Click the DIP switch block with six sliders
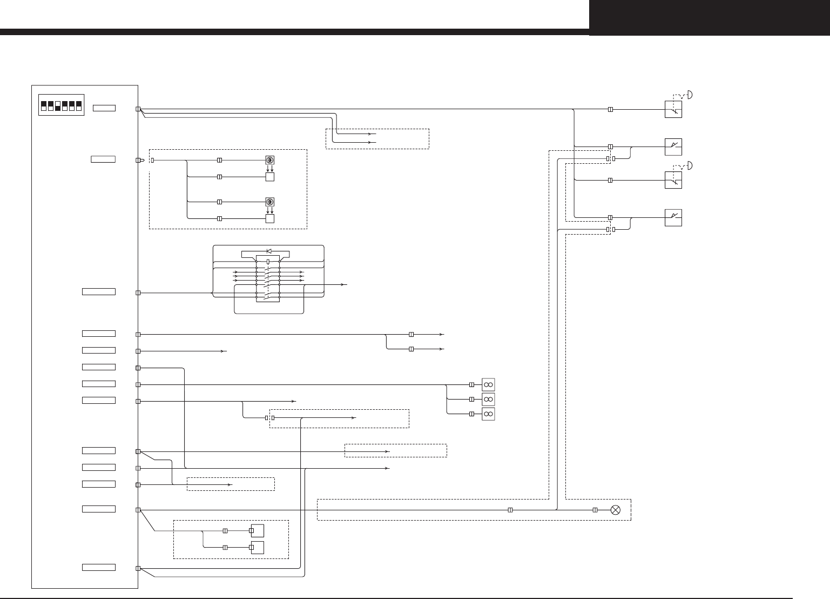click(x=61, y=105)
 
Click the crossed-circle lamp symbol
click(x=615, y=510)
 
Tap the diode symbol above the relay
click(x=268, y=251)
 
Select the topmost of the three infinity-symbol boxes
click(x=488, y=384)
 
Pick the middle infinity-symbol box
click(x=488, y=399)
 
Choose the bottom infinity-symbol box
click(x=488, y=414)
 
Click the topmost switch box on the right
click(x=673, y=109)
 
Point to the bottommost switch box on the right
click(x=673, y=217)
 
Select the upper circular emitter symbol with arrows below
click(x=270, y=160)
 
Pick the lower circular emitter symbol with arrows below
click(x=270, y=202)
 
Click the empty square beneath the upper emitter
click(x=270, y=177)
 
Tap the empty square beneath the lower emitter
click(x=270, y=219)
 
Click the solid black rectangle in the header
click(x=709, y=18)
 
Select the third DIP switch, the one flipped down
click(x=58, y=105)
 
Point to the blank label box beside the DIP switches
click(x=104, y=109)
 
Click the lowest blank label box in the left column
click(x=99, y=567)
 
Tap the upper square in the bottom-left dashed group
click(x=257, y=531)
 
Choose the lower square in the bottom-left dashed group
click(x=257, y=547)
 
